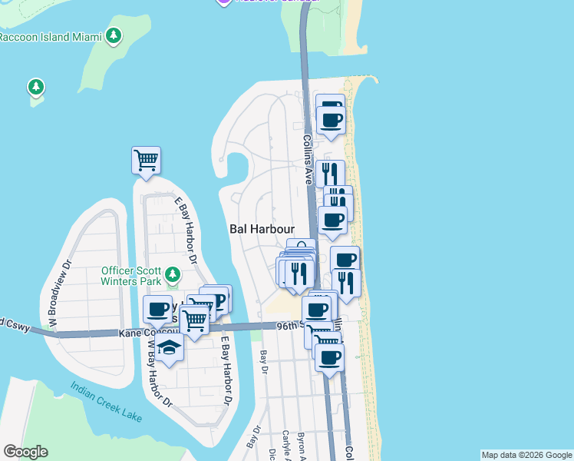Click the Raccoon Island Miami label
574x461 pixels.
tap(50, 36)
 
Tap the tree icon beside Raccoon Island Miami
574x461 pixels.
tap(114, 35)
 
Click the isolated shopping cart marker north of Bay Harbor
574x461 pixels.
tap(146, 161)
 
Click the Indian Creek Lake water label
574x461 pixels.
tap(106, 403)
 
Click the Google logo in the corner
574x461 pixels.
tap(25, 452)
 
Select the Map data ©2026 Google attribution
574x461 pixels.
tap(526, 455)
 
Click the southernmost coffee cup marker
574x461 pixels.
tap(329, 357)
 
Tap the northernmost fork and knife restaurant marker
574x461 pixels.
tap(330, 173)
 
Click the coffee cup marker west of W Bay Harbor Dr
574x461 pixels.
tap(157, 310)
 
